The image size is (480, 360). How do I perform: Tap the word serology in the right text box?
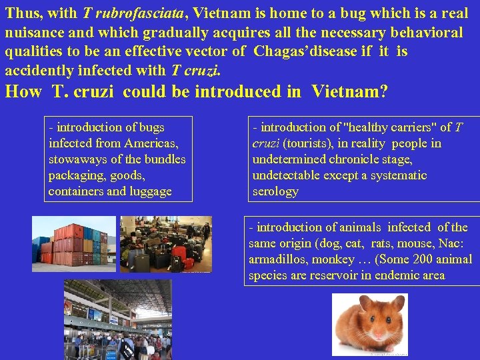[x=275, y=191]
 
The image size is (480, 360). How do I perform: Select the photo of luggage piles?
[x=165, y=244]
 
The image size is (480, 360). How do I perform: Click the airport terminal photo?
[x=117, y=319]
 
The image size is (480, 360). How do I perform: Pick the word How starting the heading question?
[x=23, y=91]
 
